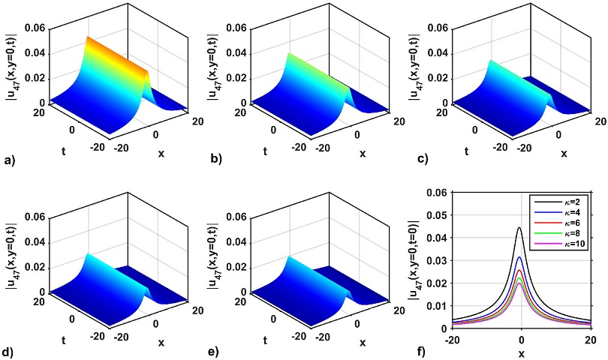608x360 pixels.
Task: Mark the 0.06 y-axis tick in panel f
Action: coord(438,193)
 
